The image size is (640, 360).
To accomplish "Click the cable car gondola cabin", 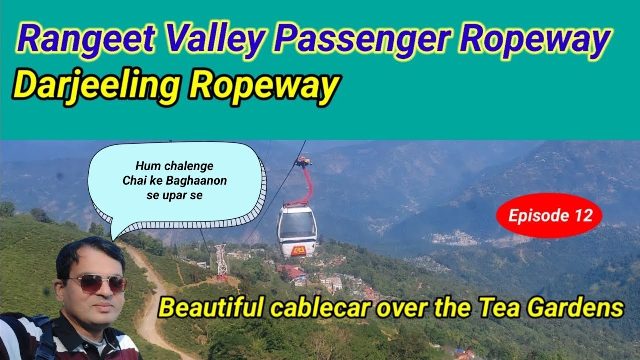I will [297, 231].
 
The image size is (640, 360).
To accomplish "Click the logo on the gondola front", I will [298, 250].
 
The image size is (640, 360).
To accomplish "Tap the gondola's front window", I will [297, 225].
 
